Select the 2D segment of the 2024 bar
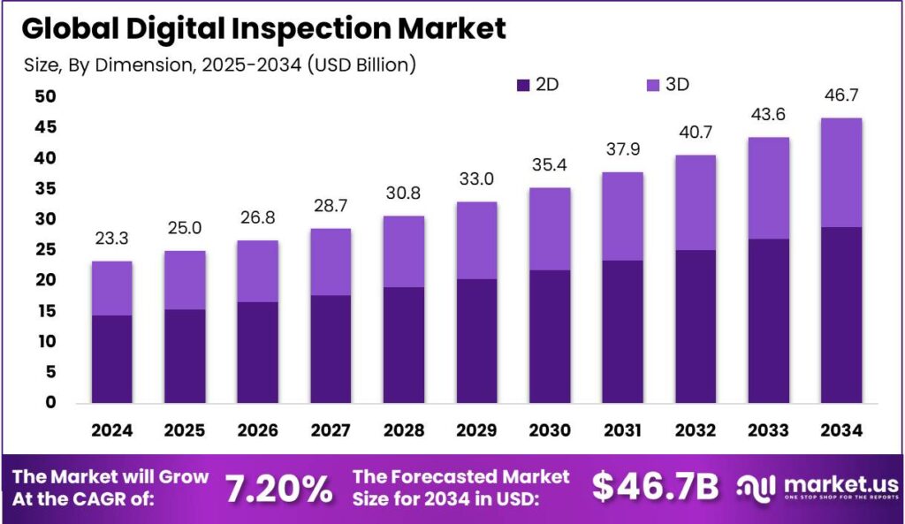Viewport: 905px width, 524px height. (111, 358)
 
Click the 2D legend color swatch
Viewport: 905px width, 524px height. (523, 86)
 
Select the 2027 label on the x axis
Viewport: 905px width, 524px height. (330, 430)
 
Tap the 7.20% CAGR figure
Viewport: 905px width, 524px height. (278, 487)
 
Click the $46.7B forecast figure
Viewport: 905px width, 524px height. (655, 487)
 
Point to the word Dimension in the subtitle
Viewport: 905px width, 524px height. (128, 64)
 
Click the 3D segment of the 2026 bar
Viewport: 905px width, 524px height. (257, 271)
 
